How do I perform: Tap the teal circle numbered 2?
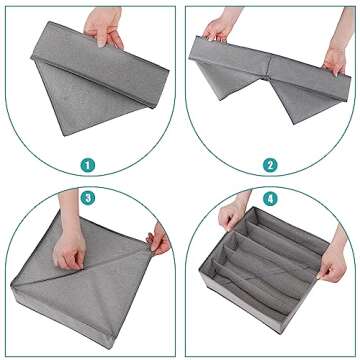(270, 166)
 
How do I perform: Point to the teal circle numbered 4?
(270, 199)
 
